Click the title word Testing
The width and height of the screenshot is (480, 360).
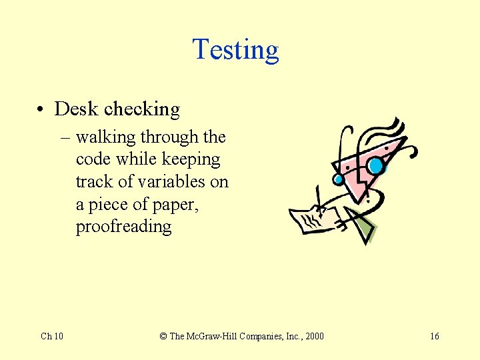click(x=235, y=50)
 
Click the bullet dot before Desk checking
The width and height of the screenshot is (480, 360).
click(x=41, y=109)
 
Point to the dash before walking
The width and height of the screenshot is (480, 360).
click(x=64, y=138)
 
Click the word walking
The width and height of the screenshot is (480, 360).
click(x=105, y=137)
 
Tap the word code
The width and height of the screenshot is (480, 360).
click(x=93, y=159)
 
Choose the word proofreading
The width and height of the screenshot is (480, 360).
click(x=123, y=227)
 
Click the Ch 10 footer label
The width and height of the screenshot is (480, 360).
click(x=52, y=336)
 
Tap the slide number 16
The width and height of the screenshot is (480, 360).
click(x=434, y=336)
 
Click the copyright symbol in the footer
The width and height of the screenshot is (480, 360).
click(x=163, y=336)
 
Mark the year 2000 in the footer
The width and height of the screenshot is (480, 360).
click(x=313, y=336)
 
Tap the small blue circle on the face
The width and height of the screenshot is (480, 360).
click(x=338, y=179)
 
